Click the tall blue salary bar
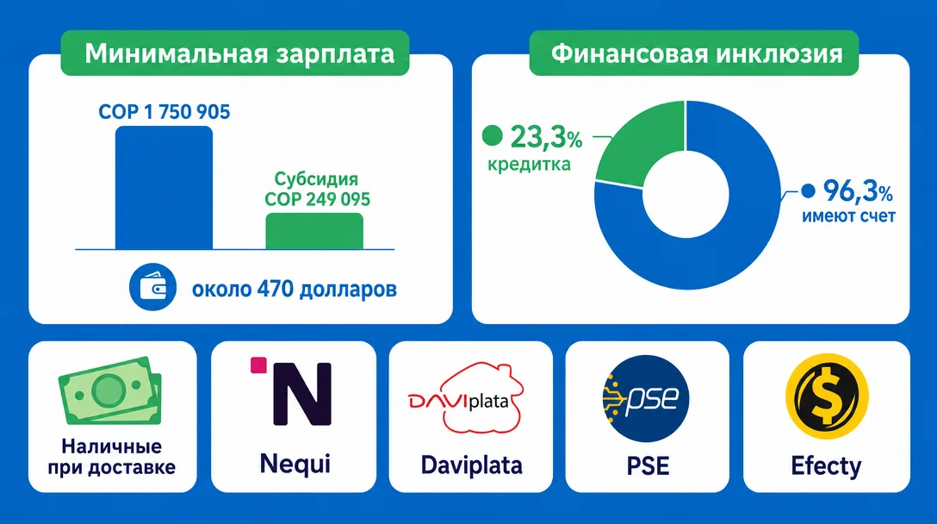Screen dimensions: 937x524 click(x=164, y=187)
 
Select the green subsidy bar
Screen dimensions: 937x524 click(x=314, y=231)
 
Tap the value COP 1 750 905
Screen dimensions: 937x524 click(x=164, y=112)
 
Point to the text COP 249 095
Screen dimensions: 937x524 click(x=317, y=199)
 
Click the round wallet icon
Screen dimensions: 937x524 click(x=153, y=287)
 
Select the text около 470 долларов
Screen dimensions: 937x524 click(x=294, y=290)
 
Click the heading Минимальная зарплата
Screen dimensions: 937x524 click(x=239, y=53)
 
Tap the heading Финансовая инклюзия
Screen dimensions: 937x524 click(x=697, y=53)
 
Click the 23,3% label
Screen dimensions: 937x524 click(x=546, y=137)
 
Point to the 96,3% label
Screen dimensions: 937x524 click(x=858, y=190)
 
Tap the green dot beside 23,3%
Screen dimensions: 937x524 click(x=493, y=135)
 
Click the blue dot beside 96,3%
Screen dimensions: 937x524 click(x=808, y=190)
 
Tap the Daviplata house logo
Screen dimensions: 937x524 click(x=466, y=397)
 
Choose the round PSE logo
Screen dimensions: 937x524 click(x=646, y=398)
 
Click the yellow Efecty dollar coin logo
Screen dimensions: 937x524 click(x=827, y=396)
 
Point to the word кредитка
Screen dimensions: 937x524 click(x=529, y=164)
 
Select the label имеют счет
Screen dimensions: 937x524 click(x=848, y=216)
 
